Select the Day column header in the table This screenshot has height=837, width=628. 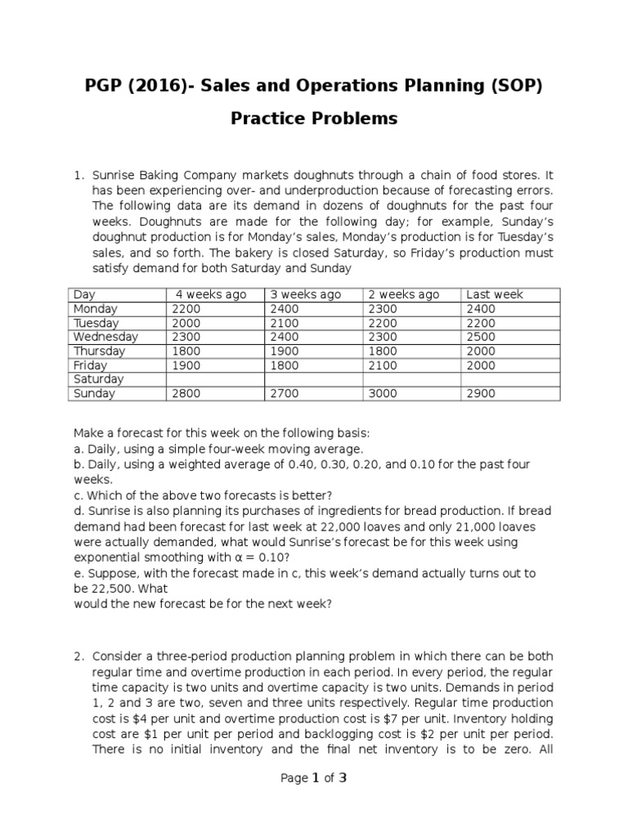(84, 295)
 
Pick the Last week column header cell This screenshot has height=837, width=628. (494, 295)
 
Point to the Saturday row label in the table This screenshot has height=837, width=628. (98, 379)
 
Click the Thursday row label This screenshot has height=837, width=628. (99, 351)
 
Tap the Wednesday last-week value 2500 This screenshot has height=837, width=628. (480, 337)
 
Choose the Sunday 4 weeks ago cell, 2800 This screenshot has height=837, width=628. (186, 394)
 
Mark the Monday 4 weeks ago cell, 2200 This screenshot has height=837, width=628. (186, 309)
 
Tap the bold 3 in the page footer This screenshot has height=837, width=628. (343, 778)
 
